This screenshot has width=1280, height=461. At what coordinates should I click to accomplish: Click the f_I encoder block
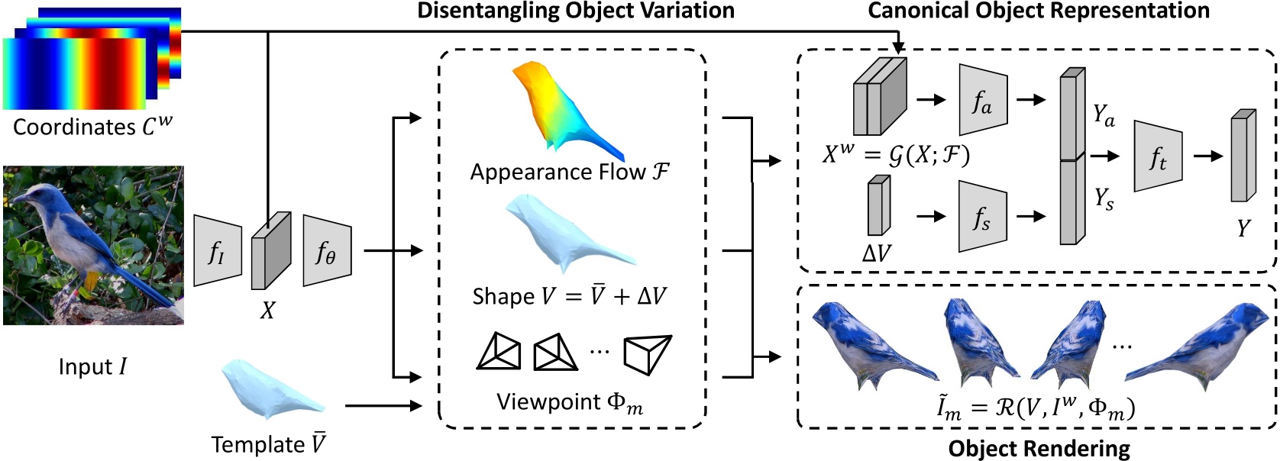(x=217, y=251)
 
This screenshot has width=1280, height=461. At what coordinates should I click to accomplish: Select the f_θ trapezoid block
(x=327, y=251)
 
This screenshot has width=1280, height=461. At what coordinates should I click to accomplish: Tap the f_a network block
(x=983, y=100)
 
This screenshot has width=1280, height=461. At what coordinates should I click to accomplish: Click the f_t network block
(x=1158, y=156)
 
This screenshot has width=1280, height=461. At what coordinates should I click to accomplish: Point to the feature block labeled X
(x=271, y=251)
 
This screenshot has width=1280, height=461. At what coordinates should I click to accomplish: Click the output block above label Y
(x=1243, y=156)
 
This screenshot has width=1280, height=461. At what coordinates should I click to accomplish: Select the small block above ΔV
(x=878, y=206)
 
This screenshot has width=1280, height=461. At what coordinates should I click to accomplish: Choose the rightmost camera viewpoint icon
(x=647, y=353)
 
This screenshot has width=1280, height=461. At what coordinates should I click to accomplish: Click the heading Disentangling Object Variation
(x=575, y=11)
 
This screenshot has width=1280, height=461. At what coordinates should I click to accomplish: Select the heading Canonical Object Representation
(x=1038, y=11)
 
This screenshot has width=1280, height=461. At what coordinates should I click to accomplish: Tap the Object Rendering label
(x=1039, y=449)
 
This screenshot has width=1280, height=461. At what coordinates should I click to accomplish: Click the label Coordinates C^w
(x=92, y=126)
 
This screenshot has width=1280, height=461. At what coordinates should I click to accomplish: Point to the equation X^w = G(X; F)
(x=895, y=155)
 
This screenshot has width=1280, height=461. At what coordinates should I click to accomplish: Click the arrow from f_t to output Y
(x=1207, y=156)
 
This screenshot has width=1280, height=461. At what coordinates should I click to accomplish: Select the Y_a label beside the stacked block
(x=1104, y=115)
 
